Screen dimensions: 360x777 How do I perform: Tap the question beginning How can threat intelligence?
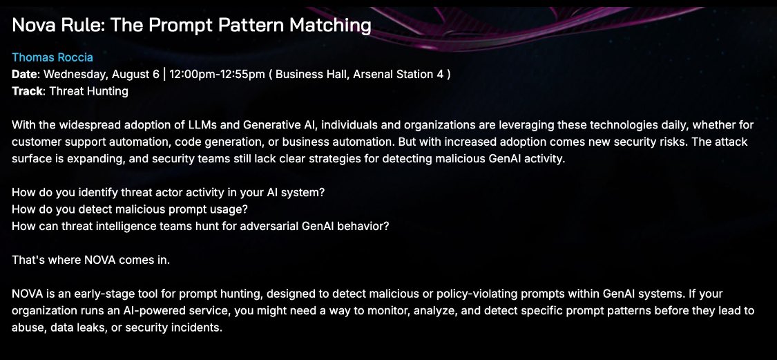coord(200,226)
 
